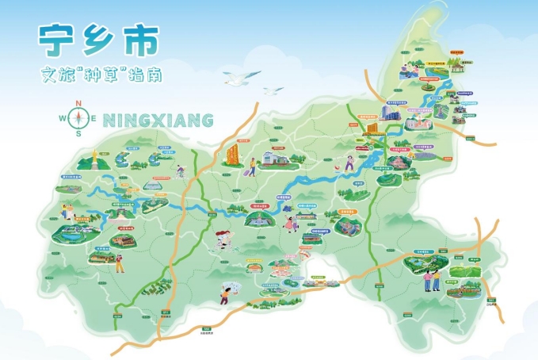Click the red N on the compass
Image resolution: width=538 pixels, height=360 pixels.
[x=78, y=103]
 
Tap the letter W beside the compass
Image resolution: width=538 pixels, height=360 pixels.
[x=63, y=119]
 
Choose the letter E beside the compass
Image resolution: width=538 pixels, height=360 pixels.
[x=94, y=119]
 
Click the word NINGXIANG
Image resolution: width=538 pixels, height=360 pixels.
[x=159, y=121]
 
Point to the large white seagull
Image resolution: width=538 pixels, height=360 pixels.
[x=241, y=77]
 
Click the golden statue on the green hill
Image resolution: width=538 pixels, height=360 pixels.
[x=93, y=158]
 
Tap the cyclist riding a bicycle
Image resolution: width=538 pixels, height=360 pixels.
[x=181, y=170]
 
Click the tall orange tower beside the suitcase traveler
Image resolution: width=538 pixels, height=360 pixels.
[x=233, y=152]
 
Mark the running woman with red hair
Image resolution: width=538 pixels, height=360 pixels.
[x=349, y=163]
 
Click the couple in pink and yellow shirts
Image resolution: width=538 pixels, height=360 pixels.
[x=432, y=278]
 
